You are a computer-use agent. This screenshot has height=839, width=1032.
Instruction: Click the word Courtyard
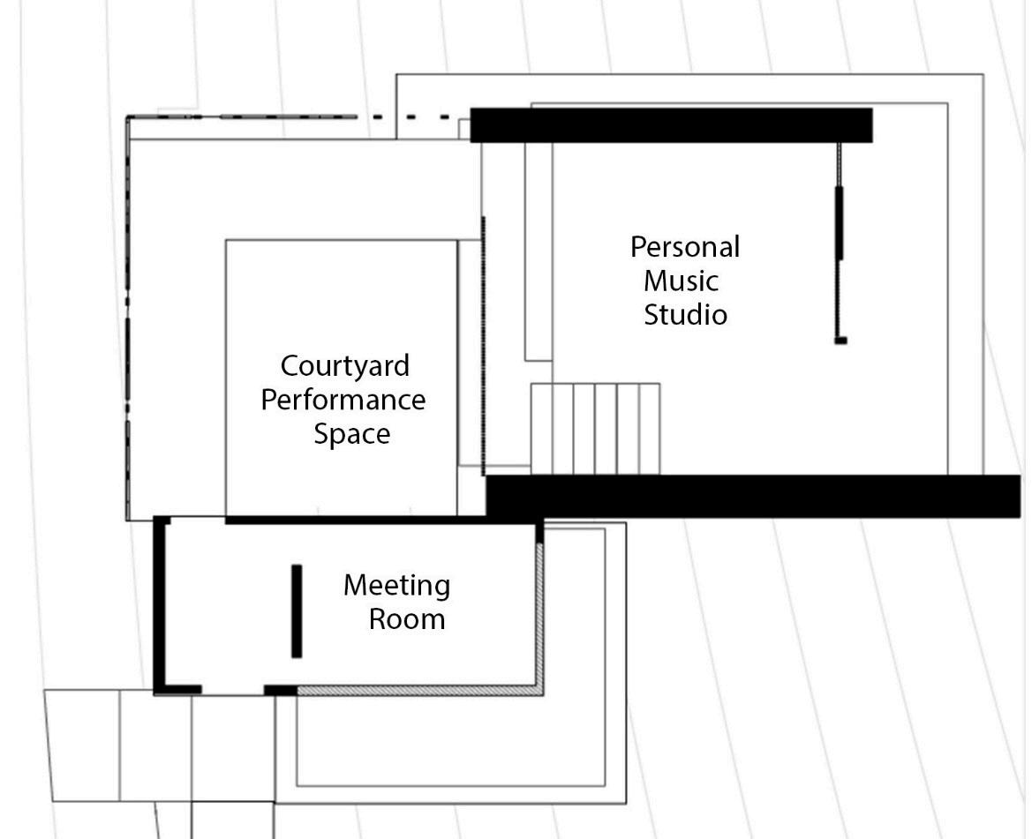coord(333,365)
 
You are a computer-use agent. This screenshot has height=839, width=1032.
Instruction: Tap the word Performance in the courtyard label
coord(343,400)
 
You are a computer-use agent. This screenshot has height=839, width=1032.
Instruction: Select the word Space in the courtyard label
coord(351,434)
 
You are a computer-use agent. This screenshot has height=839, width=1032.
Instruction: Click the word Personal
coord(684,247)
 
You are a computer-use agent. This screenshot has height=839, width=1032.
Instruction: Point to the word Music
coord(681,281)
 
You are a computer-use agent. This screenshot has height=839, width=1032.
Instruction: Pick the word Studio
coord(685,314)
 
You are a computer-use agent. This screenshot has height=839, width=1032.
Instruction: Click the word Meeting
coord(396,585)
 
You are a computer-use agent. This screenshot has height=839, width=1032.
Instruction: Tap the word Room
coord(406,618)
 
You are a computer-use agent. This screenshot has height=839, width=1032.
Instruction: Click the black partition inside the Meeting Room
coord(297,611)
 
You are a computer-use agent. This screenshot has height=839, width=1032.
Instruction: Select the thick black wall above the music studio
coord(671,125)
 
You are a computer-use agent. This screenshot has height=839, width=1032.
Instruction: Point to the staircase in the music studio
coord(595,428)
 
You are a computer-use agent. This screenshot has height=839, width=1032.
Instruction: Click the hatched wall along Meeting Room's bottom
coord(415,691)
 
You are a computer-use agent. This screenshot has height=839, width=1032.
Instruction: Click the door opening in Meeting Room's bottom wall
coord(233,690)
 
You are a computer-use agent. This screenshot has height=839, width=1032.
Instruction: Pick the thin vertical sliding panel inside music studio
coord(839,222)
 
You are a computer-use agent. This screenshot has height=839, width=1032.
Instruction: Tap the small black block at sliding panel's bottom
coord(840,341)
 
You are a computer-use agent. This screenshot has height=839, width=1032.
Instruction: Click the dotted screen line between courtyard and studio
coord(483,344)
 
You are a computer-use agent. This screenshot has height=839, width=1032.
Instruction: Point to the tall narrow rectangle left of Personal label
coord(539,251)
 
